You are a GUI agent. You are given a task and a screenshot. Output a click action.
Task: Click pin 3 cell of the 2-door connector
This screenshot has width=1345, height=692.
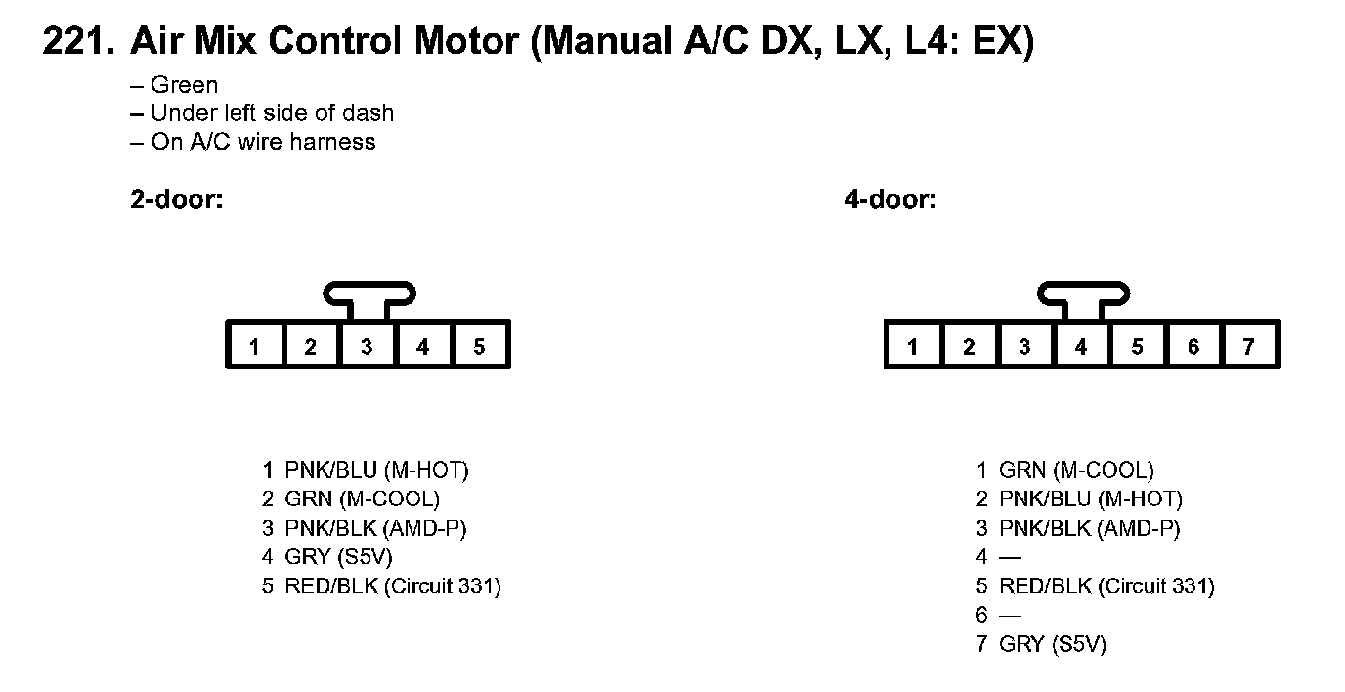click(367, 346)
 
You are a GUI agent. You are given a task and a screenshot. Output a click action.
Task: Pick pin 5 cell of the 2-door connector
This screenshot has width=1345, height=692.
click(479, 346)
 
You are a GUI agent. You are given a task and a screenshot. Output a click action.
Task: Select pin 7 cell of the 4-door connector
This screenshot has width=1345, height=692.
click(1248, 346)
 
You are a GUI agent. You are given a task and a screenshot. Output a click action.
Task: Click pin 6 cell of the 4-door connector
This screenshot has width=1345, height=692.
click(1193, 346)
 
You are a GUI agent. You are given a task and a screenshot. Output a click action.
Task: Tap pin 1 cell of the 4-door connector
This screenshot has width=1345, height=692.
click(913, 346)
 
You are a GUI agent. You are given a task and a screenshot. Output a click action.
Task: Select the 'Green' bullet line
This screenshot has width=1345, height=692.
click(184, 85)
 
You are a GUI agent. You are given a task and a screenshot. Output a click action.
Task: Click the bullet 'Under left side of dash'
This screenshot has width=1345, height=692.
click(272, 113)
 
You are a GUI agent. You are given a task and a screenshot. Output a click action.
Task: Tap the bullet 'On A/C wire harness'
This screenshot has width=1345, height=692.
click(263, 142)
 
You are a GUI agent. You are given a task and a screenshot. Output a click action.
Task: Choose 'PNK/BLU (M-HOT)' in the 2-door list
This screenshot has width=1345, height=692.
click(376, 470)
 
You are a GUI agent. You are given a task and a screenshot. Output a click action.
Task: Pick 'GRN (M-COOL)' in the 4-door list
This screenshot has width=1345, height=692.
click(1076, 470)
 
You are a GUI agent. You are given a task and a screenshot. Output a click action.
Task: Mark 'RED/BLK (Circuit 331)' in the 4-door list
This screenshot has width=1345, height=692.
click(1106, 586)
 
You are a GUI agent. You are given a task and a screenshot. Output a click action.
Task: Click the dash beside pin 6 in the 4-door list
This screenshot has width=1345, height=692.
click(1010, 616)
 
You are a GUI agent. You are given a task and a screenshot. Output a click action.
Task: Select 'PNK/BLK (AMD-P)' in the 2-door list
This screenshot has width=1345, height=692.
click(375, 529)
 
